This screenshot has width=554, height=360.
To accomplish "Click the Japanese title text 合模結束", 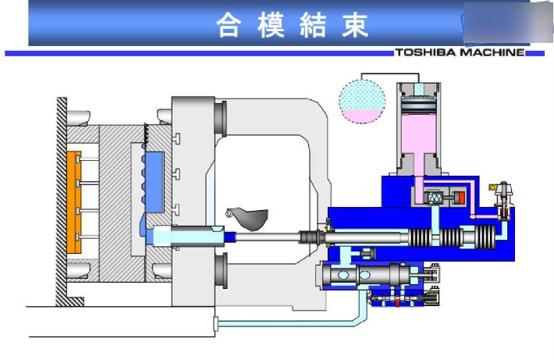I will (292, 27).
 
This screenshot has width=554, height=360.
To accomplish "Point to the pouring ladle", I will (248, 218).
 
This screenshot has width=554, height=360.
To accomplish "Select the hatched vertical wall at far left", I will (60, 199).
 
